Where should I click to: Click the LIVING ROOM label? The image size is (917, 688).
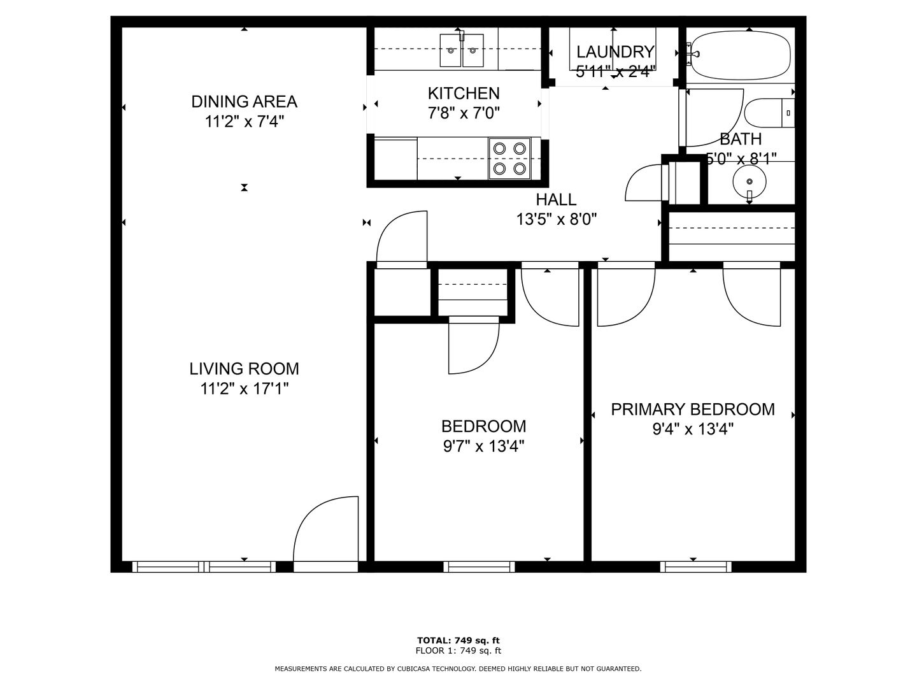[x=244, y=369]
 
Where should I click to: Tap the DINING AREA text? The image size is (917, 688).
[x=244, y=101]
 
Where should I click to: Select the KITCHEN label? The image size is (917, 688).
[x=464, y=93]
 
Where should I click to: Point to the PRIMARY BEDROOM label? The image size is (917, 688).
[x=693, y=410]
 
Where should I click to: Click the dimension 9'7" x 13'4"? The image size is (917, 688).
[x=483, y=447]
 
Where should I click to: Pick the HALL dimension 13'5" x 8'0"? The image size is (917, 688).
[x=557, y=219]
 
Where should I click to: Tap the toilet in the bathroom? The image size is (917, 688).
[x=769, y=113]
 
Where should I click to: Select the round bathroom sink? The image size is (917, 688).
[x=750, y=182]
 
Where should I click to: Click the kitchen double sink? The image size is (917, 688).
[x=462, y=50]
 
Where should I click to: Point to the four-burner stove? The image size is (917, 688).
[x=509, y=159]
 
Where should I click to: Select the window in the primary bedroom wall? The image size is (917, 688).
[x=695, y=567]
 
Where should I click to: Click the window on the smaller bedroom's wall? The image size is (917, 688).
[x=479, y=567]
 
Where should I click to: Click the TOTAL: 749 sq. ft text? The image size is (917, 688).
[x=458, y=640]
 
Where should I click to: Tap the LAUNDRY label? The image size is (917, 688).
[x=615, y=52]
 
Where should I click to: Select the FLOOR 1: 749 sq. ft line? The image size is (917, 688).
[x=458, y=650]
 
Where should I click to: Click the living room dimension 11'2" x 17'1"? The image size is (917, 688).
[x=245, y=389]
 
